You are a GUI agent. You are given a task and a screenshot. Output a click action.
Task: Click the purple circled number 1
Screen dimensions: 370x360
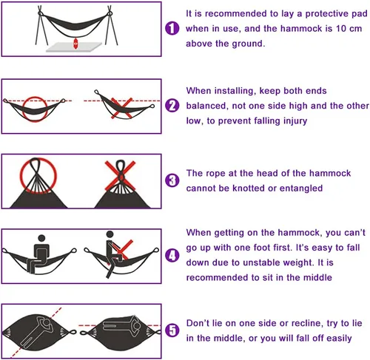click(172, 28)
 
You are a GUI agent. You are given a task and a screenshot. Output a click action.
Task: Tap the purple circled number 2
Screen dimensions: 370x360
click(172, 106)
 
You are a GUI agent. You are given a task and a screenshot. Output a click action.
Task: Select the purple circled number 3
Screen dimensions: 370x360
click(172, 180)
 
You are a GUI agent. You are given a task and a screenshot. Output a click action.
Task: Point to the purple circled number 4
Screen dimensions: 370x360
click(172, 255)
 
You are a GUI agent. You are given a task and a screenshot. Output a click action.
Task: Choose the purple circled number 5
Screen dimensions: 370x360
click(172, 330)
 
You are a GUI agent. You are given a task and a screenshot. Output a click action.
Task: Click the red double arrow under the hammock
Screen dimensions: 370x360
click(75, 44)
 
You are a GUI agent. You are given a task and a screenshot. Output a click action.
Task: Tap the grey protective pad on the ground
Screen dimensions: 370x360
click(74, 47)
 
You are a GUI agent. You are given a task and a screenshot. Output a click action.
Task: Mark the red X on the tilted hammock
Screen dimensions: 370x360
click(121, 108)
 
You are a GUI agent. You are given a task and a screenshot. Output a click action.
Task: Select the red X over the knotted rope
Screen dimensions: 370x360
click(120, 176)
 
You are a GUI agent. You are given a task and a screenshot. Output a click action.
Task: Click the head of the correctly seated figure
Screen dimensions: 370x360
click(42, 238)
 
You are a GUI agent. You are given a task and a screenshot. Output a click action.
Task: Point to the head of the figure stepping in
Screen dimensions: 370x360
click(110, 234)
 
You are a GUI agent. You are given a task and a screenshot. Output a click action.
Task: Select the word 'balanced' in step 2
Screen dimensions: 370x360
click(206, 106)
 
